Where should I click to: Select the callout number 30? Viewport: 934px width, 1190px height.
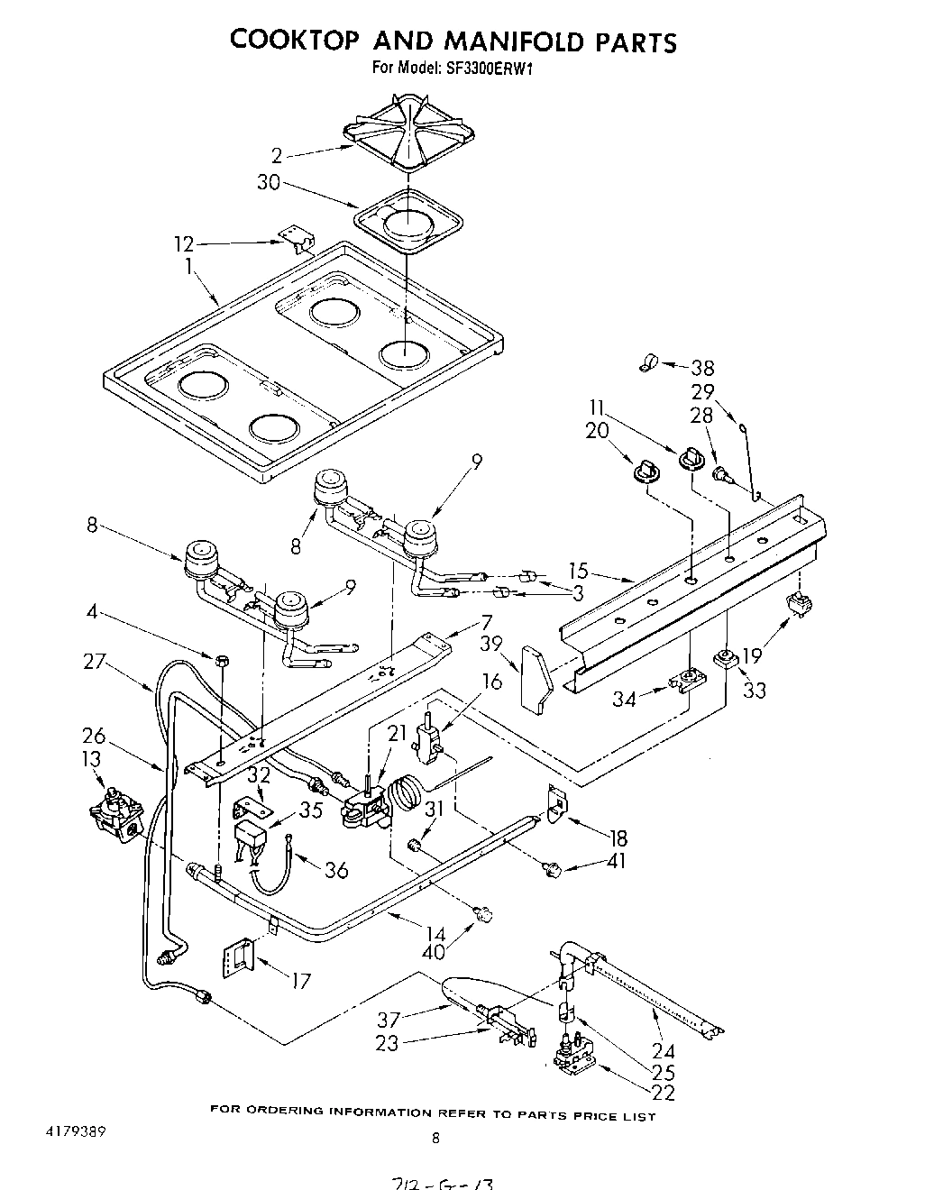point(269,182)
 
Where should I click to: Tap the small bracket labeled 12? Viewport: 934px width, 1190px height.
point(295,237)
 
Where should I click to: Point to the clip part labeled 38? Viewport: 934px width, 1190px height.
point(647,363)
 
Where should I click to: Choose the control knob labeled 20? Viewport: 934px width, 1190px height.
point(643,470)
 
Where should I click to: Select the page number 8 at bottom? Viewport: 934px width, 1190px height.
point(436,1138)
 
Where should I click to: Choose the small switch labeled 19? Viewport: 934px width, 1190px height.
point(795,605)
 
